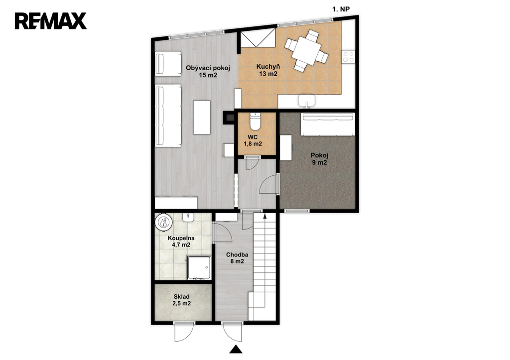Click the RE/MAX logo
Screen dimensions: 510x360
[50, 21]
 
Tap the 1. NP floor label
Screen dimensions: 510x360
[341, 9]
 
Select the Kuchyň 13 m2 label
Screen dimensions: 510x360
[268, 70]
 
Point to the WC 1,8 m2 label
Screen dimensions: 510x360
[253, 140]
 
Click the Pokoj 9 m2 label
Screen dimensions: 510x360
[319, 159]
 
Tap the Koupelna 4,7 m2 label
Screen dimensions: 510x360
[181, 241]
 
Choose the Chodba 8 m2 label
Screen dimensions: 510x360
[237, 258]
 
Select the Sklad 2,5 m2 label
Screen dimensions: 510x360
[181, 300]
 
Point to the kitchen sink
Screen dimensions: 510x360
[307, 101]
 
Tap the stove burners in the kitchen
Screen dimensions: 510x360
[348, 57]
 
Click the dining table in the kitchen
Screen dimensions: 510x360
[306, 51]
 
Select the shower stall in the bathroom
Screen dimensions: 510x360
[199, 268]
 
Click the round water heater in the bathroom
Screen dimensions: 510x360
[163, 222]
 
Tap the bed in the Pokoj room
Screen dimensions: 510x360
[327, 124]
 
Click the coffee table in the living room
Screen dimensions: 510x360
[202, 118]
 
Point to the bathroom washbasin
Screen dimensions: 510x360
[188, 217]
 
